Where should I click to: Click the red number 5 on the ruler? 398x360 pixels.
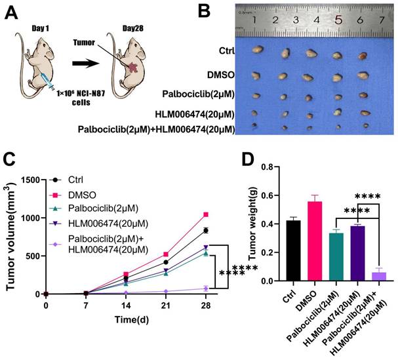[x=338, y=21]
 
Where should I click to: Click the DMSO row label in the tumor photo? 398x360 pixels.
[x=220, y=75]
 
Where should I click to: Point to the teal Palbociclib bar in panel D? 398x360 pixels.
[x=338, y=256]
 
